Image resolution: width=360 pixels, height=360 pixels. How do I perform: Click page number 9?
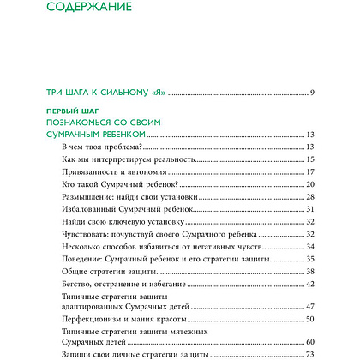click(x=315, y=91)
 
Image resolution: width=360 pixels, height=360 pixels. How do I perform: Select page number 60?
click(x=312, y=342)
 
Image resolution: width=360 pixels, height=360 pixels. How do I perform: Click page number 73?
click(x=312, y=354)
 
